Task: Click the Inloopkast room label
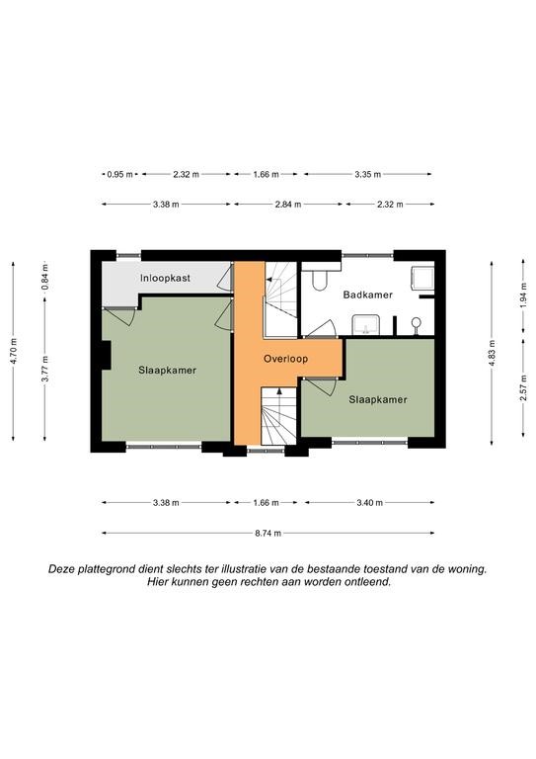165,279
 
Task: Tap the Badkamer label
368,295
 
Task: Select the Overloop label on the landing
285,359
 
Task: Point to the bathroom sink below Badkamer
366,324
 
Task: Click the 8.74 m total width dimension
268,533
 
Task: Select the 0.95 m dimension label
119,174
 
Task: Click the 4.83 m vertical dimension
492,354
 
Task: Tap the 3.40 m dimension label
370,502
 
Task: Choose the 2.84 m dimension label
288,205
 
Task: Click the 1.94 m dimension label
523,295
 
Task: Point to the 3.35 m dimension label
368,174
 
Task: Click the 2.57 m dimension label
523,387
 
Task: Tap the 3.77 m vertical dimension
45,369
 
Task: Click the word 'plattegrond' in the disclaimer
104,569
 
